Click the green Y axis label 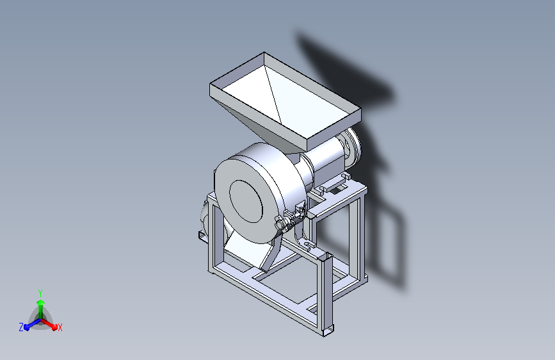(40, 293)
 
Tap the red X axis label (60, 327)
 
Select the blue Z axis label (21, 327)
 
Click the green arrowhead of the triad (41, 302)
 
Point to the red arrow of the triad (49, 324)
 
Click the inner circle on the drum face (246, 201)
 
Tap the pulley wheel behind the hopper (352, 147)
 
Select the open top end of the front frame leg (325, 256)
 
